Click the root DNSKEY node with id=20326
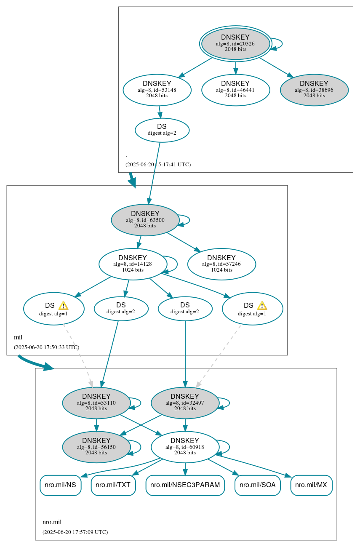[235, 43]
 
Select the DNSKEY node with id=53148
[157, 90]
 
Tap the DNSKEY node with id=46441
[235, 90]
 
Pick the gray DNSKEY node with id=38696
[314, 90]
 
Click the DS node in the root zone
[162, 130]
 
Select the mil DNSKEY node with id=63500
[145, 220]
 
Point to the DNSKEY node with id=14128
[133, 264]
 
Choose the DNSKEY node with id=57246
[221, 264]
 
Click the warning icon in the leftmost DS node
[63, 306]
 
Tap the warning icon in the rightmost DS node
[262, 306]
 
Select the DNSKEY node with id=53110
[96, 403]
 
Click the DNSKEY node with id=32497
[185, 403]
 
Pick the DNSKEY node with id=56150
[96, 447]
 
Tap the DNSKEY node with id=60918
[185, 447]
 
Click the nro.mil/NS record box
[60, 485]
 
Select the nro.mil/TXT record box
[113, 485]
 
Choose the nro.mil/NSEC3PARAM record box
[185, 485]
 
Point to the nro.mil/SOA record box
[257, 485]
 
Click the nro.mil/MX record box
[311, 485]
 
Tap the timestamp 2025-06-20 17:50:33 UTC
[46, 347]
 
